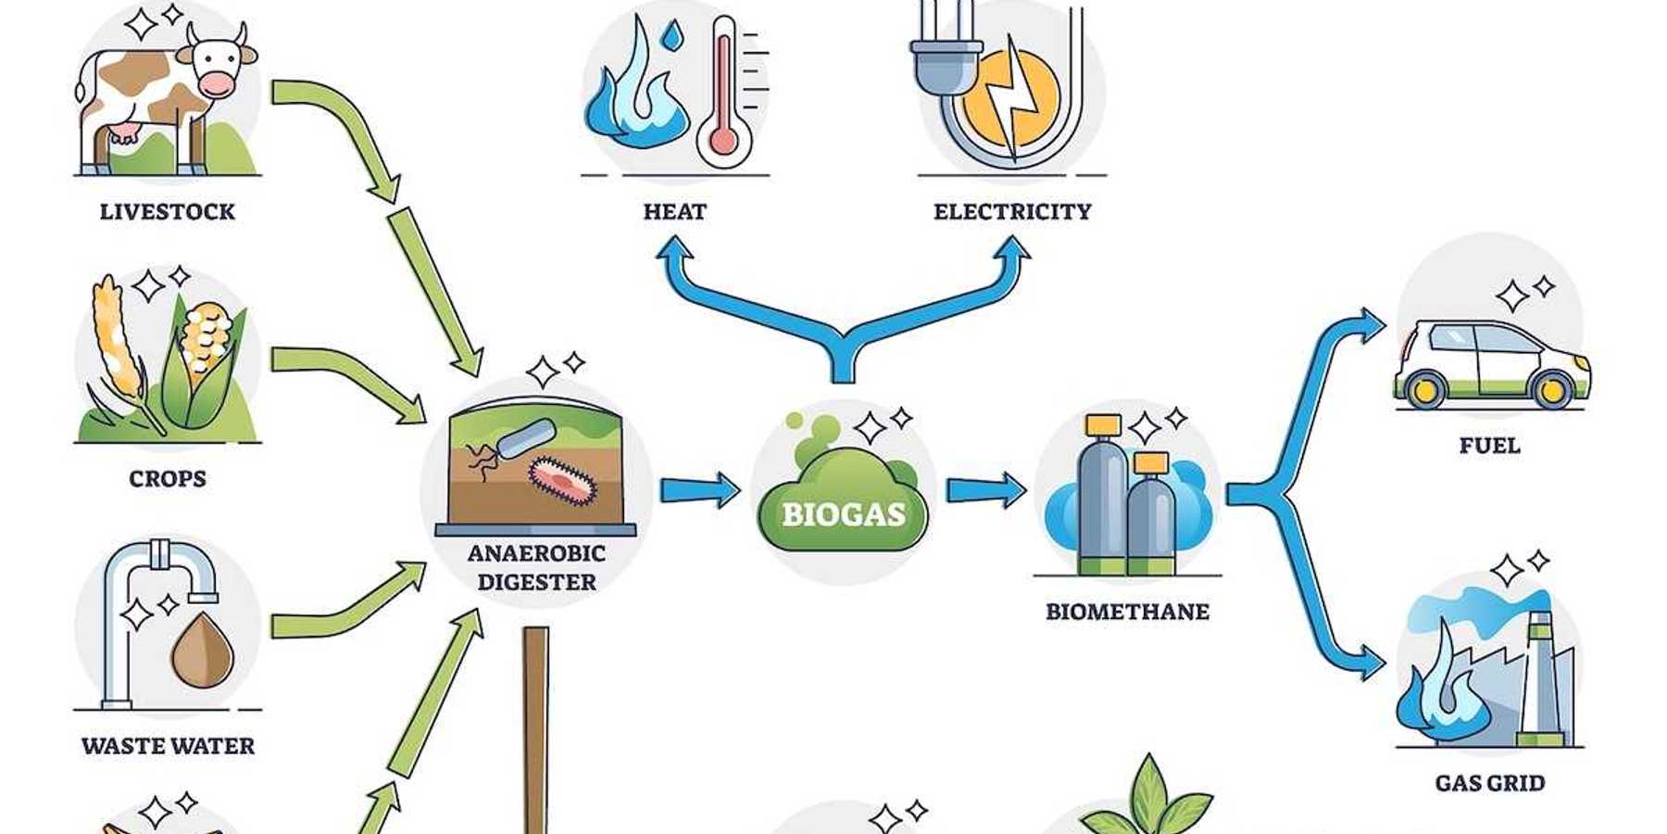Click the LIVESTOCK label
click(168, 211)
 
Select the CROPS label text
click(168, 478)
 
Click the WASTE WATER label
click(168, 745)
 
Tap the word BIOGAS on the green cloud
click(843, 514)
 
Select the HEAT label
click(675, 211)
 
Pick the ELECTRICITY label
click(1012, 211)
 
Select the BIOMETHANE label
click(1127, 612)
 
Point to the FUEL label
click(1489, 446)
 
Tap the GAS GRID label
click(1489, 783)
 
